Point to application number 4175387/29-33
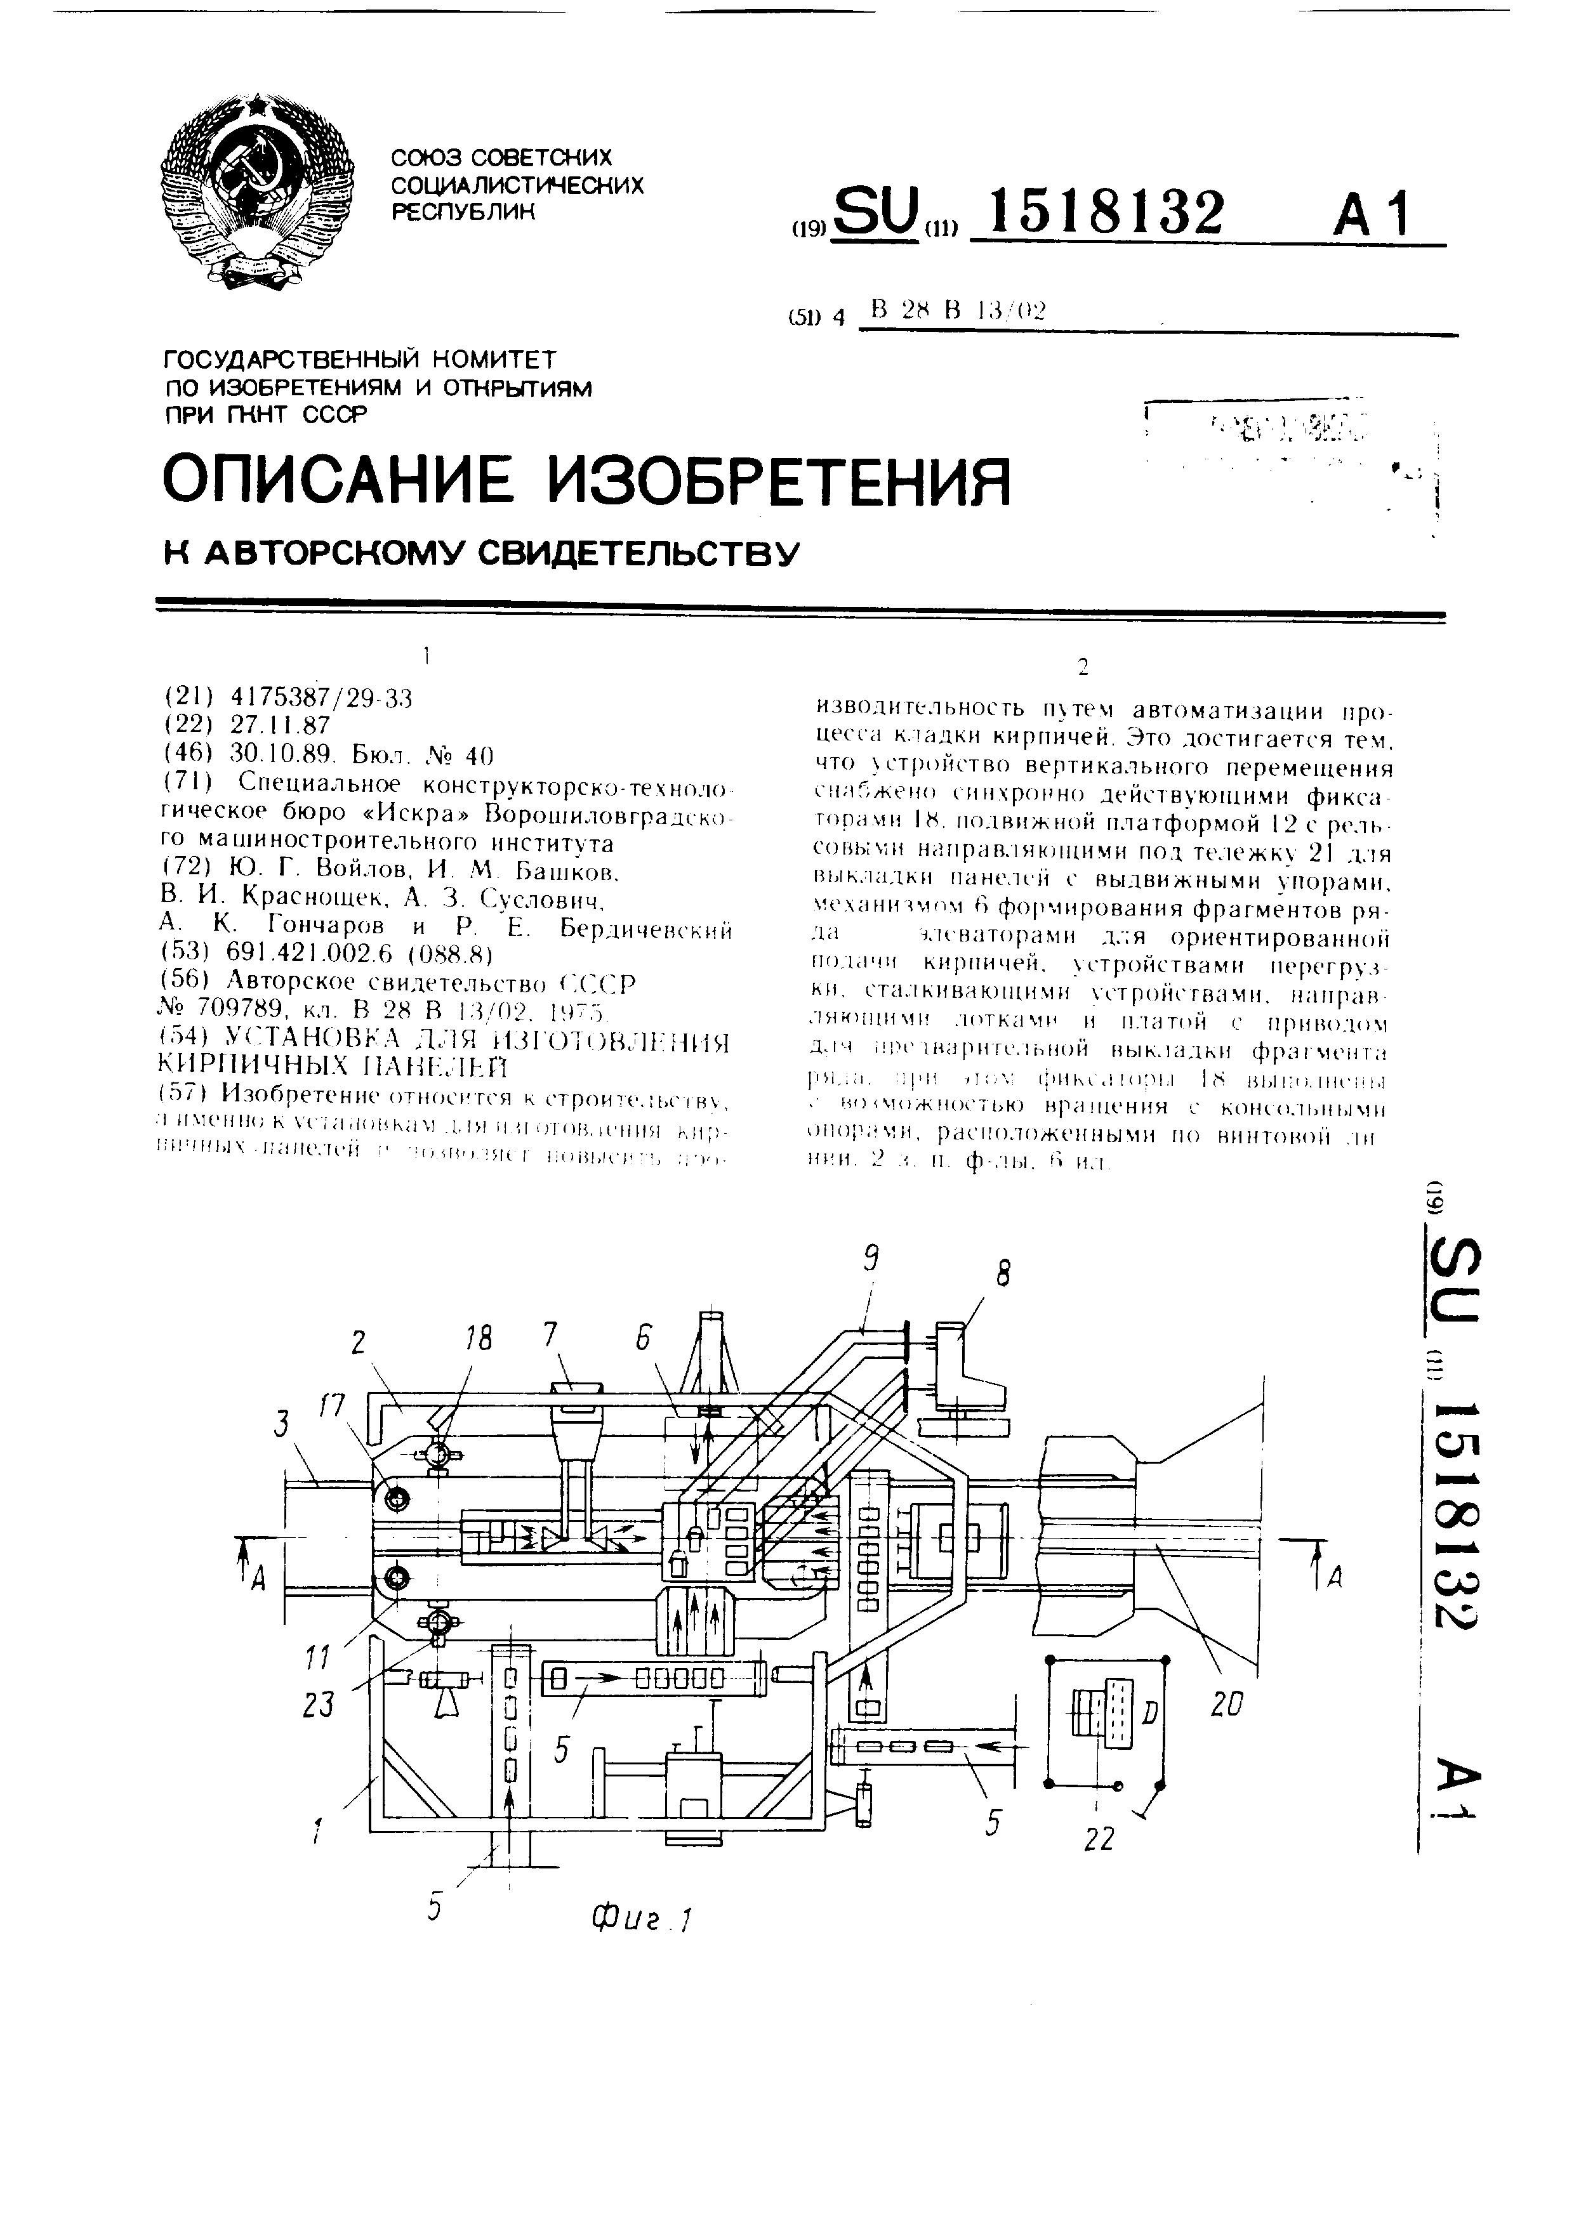tap(321, 698)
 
